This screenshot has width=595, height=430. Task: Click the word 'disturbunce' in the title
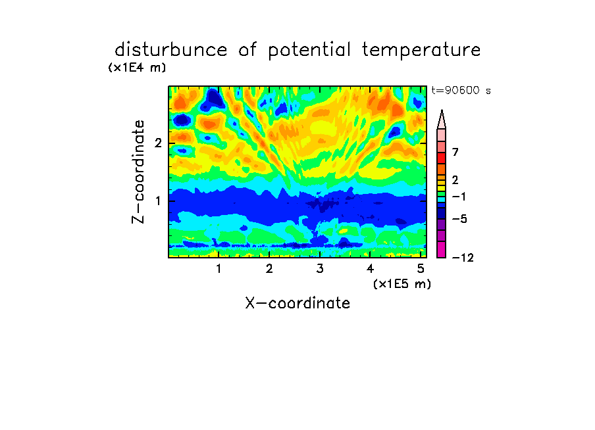pos(171,50)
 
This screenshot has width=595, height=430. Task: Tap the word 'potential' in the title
pos(309,51)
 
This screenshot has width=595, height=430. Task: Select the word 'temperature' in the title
pos(421,51)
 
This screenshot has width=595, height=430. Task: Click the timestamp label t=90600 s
pos(461,91)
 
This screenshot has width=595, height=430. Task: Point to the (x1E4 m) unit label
pos(137,68)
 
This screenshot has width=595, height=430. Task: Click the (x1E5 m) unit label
pos(402,284)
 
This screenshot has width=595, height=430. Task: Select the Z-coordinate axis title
pos(138,172)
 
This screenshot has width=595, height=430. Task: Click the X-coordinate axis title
pos(297,303)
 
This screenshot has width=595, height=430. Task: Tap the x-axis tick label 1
pos(219,269)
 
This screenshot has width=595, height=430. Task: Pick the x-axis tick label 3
pos(320,269)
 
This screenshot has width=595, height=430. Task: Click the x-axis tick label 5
pos(421,269)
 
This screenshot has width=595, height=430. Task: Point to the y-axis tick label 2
pos(158,143)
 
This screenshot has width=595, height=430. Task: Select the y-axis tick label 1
pos(158,201)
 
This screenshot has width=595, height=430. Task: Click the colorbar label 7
pos(455,152)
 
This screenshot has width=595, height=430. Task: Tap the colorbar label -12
pos(463,258)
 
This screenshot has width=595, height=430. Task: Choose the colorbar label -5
pos(459,219)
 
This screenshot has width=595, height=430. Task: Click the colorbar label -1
pos(459,197)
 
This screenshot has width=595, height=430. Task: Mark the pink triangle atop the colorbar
pos(442,119)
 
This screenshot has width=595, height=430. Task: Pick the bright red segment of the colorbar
pos(442,158)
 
